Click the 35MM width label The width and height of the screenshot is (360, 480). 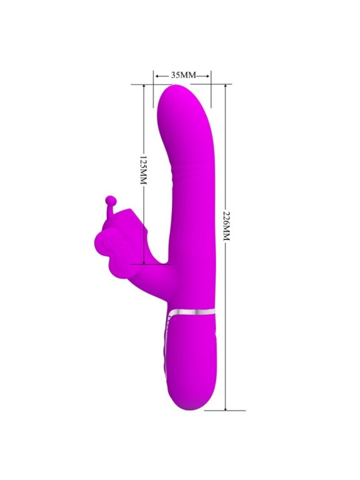[182, 75]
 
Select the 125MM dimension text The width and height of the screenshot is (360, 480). [142, 172]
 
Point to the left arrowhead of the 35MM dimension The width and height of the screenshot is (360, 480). [156, 75]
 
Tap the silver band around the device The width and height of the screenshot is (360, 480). [193, 311]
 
